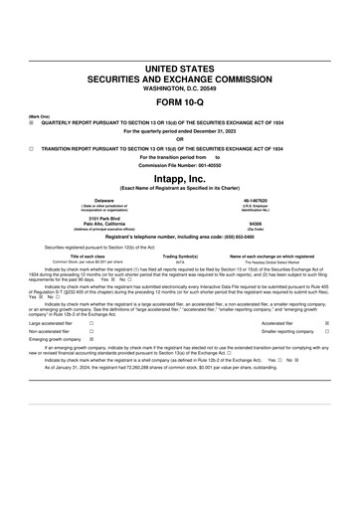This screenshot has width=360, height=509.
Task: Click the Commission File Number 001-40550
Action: pyautogui.click(x=205, y=164)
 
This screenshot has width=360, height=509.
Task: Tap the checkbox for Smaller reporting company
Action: pyautogui.click(x=341, y=331)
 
